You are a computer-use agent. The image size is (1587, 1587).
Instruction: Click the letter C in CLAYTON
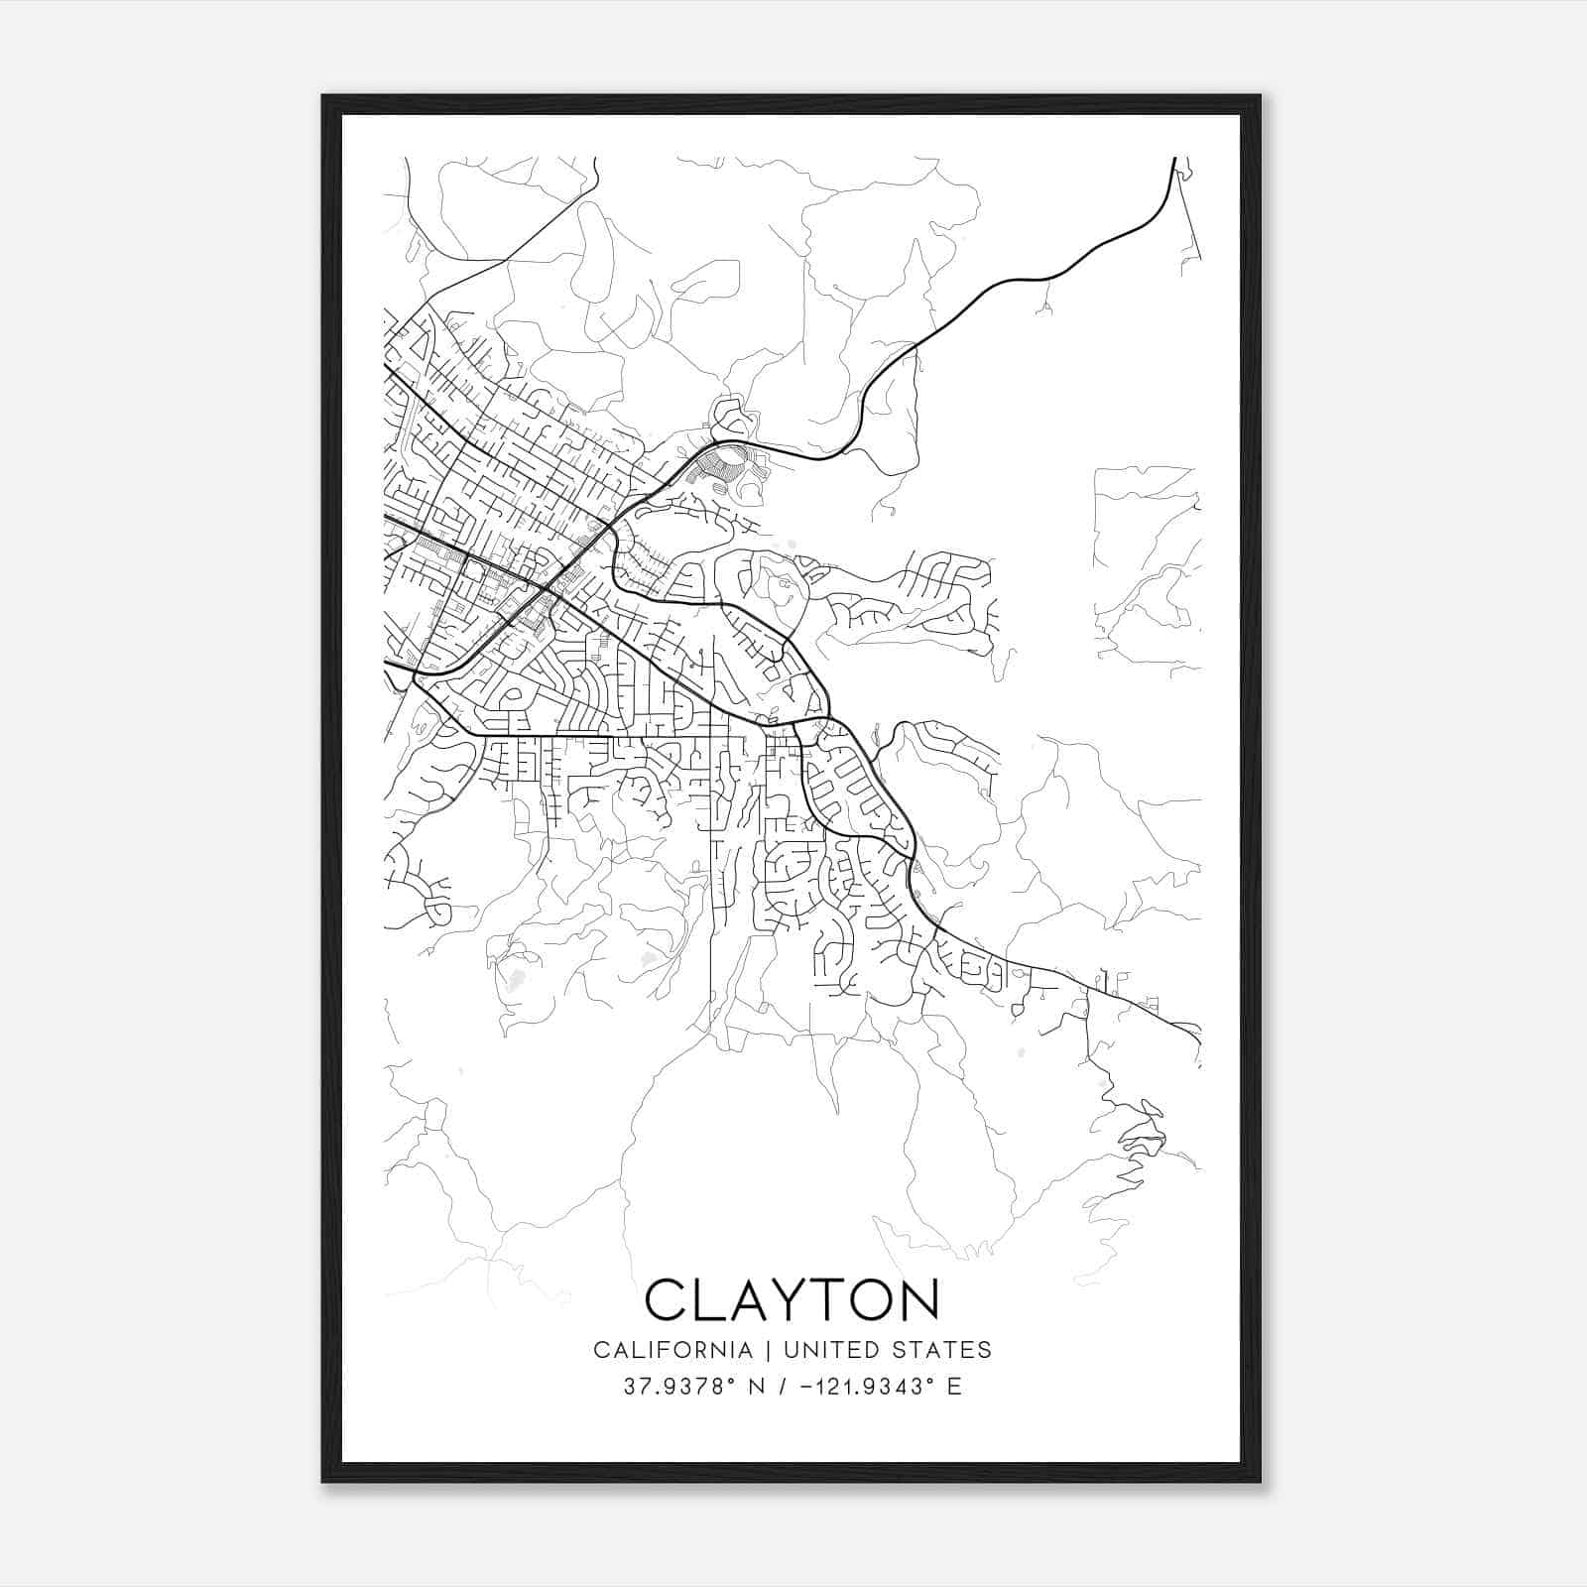[x=667, y=1299]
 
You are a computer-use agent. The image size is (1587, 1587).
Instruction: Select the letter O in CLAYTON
[x=871, y=1299]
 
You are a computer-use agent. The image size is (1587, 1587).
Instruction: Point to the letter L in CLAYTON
[x=705, y=1299]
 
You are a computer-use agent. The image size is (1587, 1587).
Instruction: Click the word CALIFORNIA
[x=672, y=1350]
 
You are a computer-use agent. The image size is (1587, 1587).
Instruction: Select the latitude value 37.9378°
[x=679, y=1387]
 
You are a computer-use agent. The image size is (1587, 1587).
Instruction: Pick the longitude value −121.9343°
[x=859, y=1387]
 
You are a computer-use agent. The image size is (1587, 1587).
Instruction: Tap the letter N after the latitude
[x=757, y=1387]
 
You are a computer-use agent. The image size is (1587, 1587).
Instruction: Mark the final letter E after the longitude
[x=954, y=1387]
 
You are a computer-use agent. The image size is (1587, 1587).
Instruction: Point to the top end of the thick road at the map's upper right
[x=1174, y=159]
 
